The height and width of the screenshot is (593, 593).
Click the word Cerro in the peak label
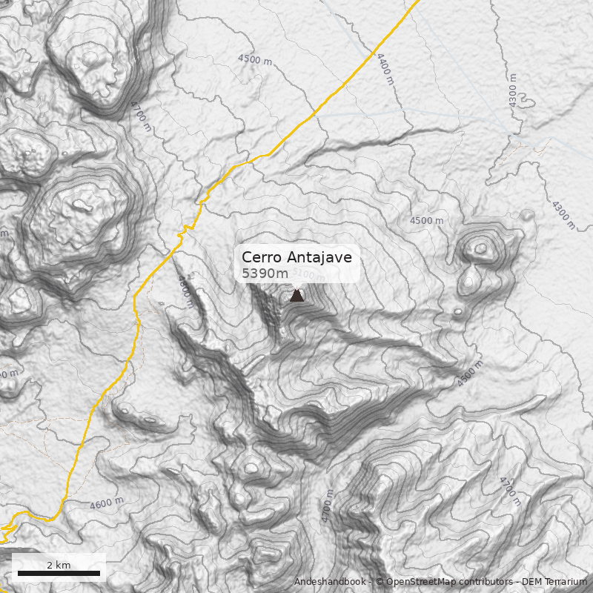(x=261, y=258)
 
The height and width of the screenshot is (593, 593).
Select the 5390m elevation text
(x=265, y=274)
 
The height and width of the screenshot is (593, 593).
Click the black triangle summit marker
(x=296, y=295)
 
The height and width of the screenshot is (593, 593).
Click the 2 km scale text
(x=59, y=565)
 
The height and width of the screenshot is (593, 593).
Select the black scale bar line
(x=59, y=573)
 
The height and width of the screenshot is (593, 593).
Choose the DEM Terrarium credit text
(x=555, y=582)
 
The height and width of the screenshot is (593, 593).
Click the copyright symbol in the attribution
(x=379, y=582)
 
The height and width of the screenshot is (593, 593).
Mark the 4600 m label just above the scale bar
(x=107, y=503)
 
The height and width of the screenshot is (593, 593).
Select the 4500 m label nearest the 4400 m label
(x=254, y=59)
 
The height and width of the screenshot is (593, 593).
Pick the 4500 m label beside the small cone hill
(x=427, y=221)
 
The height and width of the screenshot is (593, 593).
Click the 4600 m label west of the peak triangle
(x=185, y=291)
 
